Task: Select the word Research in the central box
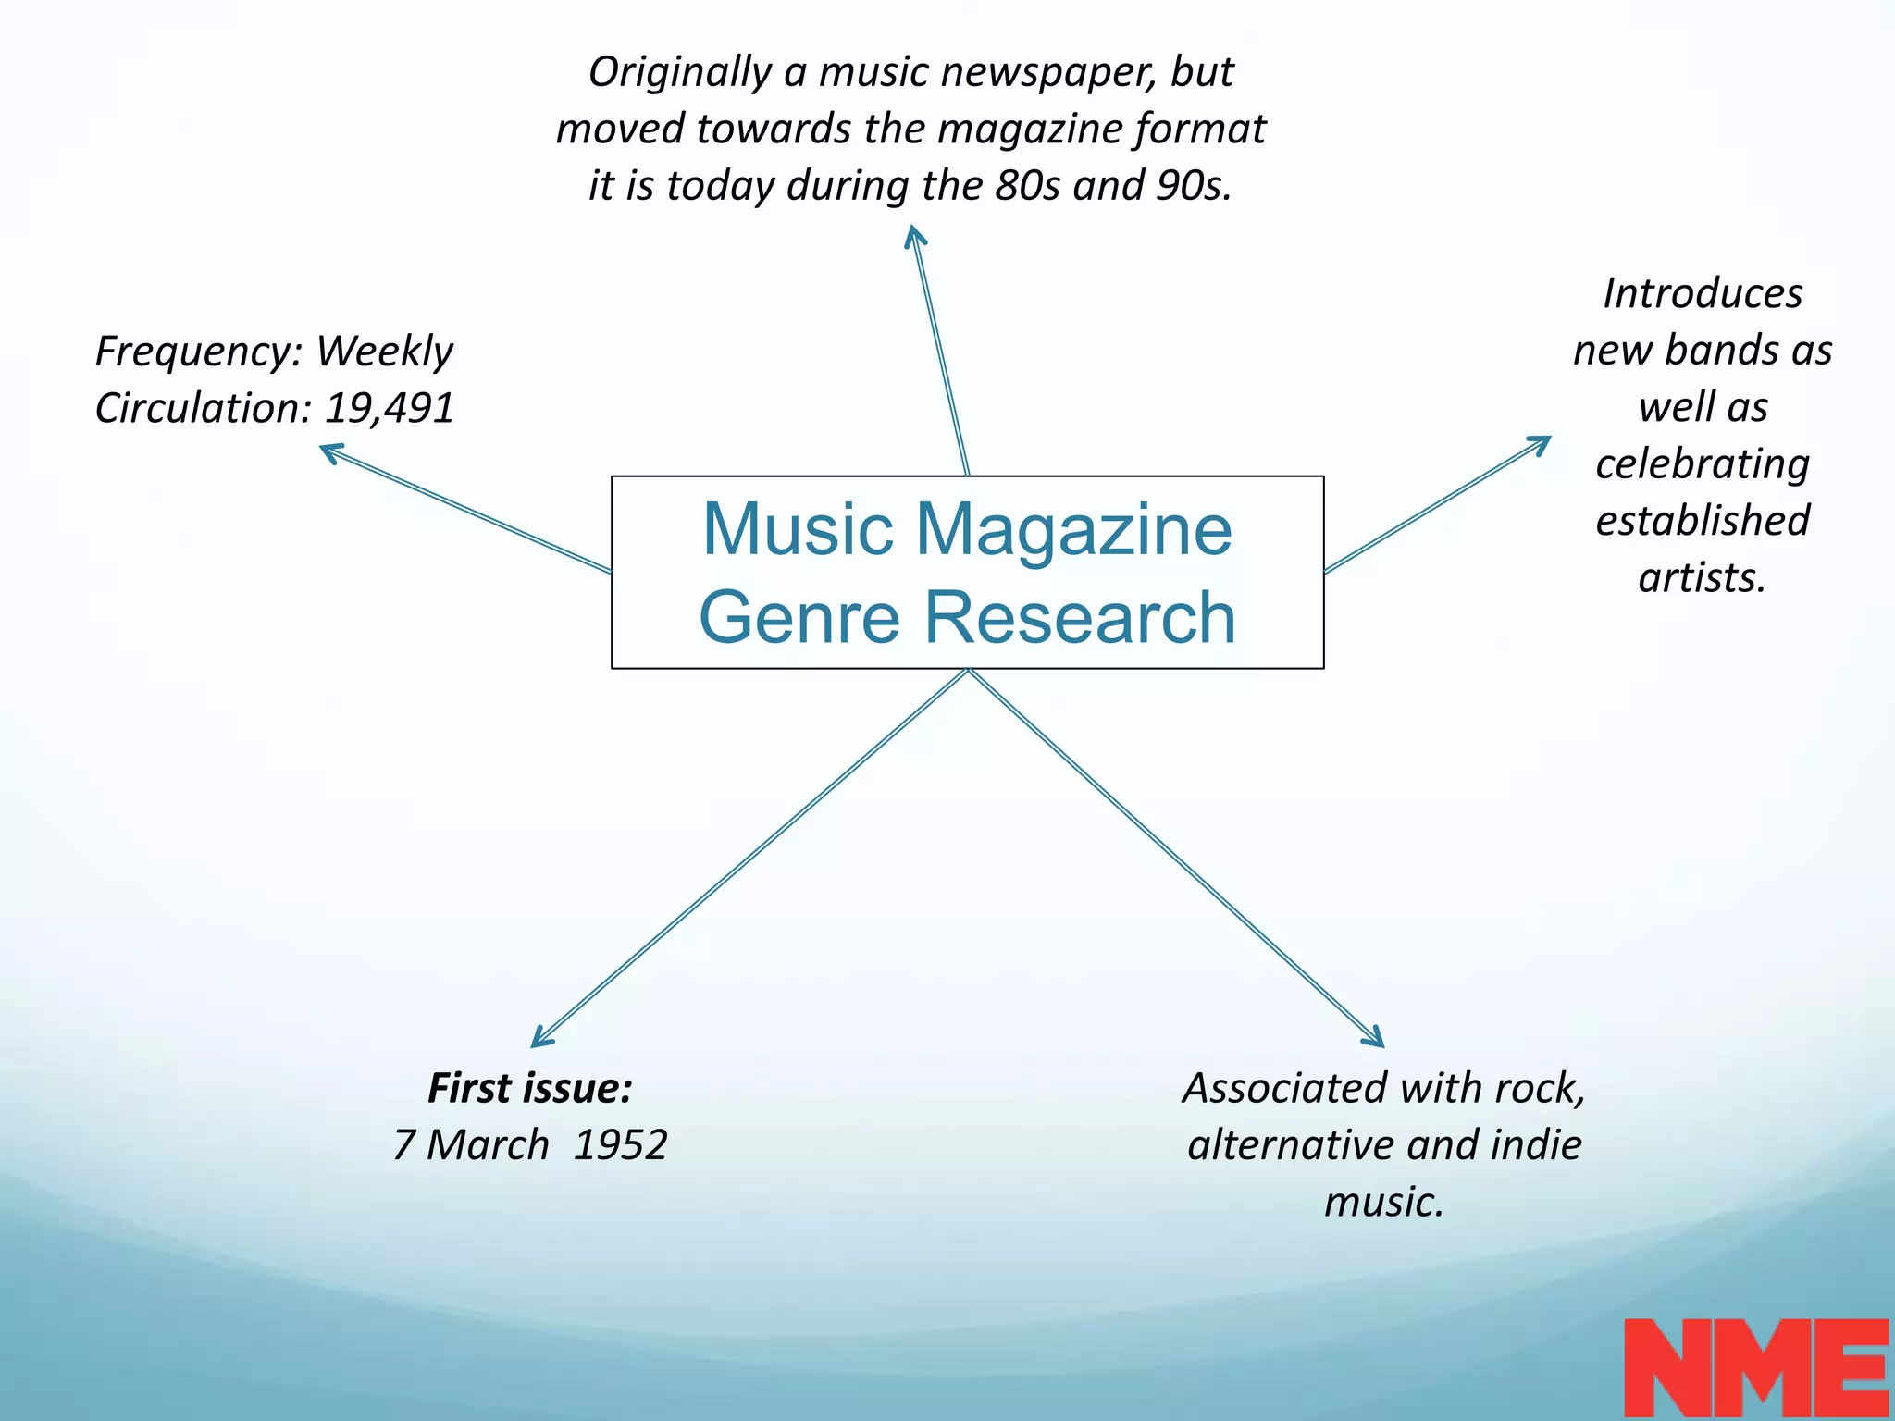1080,618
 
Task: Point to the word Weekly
384,352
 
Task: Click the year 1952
620,1145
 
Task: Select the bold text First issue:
529,1088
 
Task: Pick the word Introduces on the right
1703,294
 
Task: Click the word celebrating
1703,464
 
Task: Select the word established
1703,521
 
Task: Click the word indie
1535,1145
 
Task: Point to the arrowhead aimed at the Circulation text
328,451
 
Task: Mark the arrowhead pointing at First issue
539,1041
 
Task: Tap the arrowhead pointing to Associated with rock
1377,1041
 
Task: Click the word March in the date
487,1145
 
